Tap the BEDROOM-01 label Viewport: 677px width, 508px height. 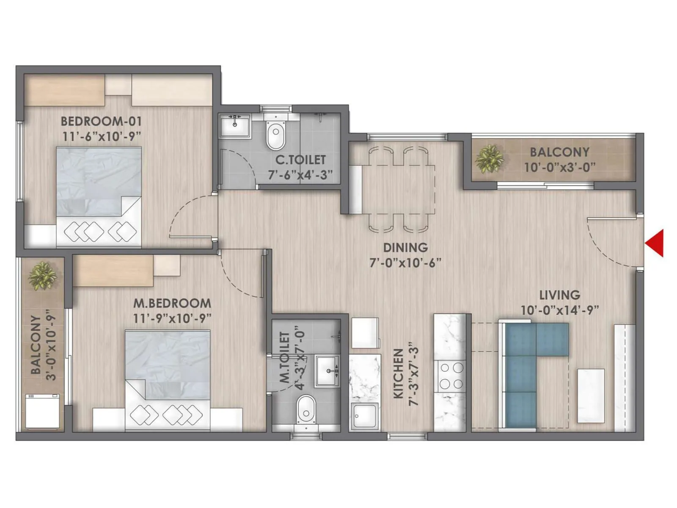101,121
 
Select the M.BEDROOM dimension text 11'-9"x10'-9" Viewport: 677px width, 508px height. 172,318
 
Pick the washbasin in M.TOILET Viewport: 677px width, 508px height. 327,371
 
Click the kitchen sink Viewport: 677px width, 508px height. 364,417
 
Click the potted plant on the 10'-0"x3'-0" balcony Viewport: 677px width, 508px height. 489,159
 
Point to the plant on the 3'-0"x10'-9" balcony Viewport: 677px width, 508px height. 42,276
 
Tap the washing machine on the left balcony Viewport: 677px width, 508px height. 42,411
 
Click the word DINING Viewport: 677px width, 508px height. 405,247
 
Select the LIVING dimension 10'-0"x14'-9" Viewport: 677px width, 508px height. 559,310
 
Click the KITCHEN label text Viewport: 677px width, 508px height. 398,374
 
